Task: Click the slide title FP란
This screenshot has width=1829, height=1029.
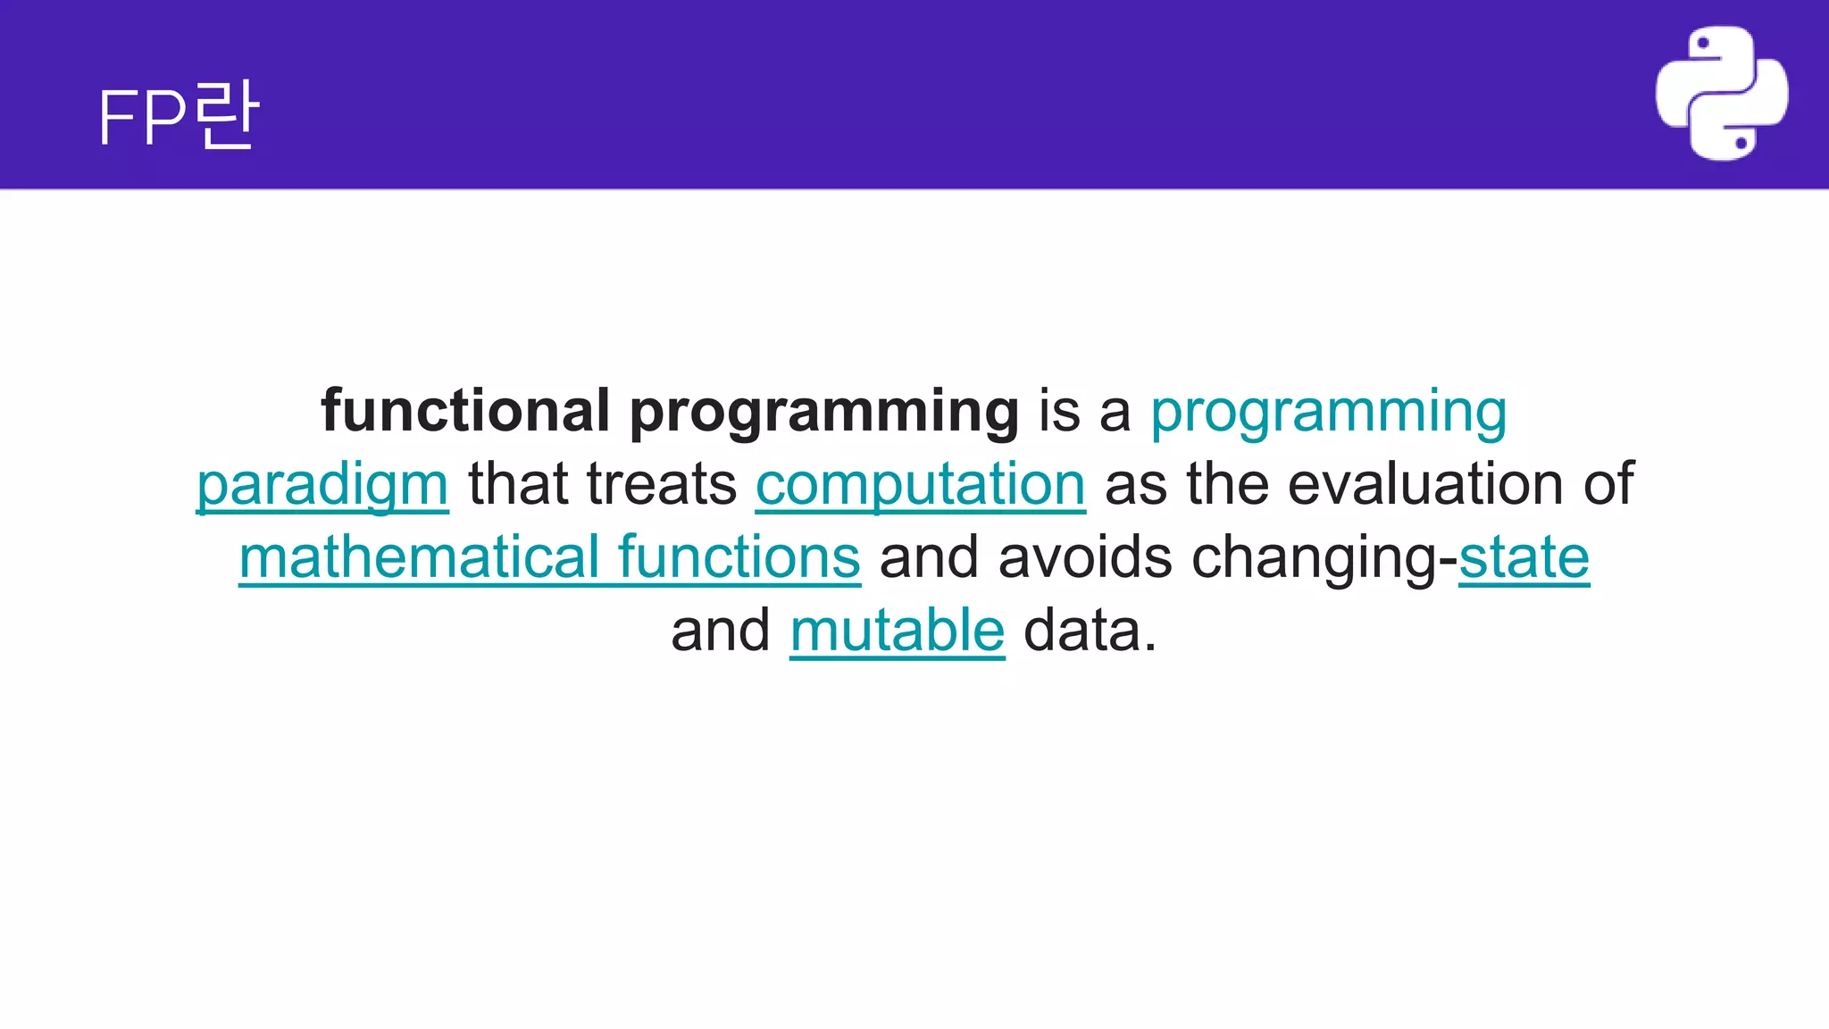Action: [179, 116]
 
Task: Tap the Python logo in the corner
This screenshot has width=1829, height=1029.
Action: [1721, 94]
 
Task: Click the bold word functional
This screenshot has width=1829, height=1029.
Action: [465, 411]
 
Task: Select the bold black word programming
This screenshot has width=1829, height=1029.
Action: [823, 413]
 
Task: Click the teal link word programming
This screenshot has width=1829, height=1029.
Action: [1328, 413]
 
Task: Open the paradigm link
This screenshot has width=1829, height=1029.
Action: [322, 486]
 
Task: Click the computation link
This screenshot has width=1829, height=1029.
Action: [920, 486]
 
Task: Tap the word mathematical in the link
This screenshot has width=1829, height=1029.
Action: [419, 557]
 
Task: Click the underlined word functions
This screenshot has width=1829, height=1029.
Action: [739, 557]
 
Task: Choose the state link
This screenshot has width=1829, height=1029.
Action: [1524, 557]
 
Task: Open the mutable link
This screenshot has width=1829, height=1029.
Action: [897, 631]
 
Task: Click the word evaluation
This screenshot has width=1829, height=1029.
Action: [1425, 484]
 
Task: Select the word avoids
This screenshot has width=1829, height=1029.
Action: [1084, 557]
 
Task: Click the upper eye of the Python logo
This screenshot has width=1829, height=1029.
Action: [1702, 43]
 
